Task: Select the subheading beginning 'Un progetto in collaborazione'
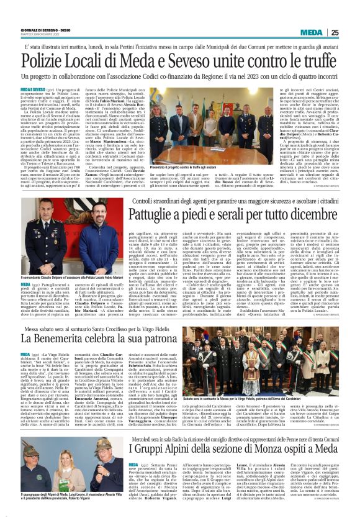[x=180, y=80]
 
